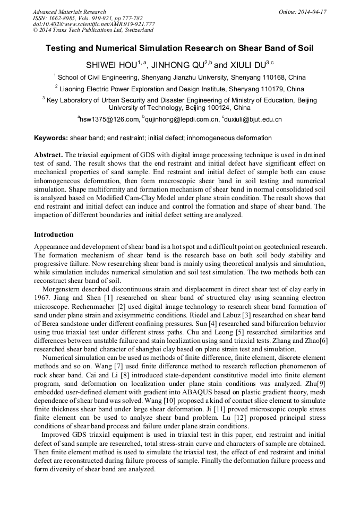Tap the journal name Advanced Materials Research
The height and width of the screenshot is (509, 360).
[69, 12]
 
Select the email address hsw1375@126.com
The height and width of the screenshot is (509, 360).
[109, 120]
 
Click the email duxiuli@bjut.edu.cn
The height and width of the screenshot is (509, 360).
[253, 120]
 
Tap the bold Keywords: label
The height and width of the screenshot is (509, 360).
[51, 138]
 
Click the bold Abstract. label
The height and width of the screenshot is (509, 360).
[49, 154]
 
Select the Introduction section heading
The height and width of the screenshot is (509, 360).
[54, 234]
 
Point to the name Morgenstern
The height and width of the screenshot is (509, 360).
[66, 289]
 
